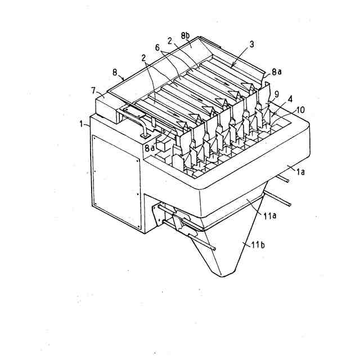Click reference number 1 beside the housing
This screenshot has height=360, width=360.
coord(83,122)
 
